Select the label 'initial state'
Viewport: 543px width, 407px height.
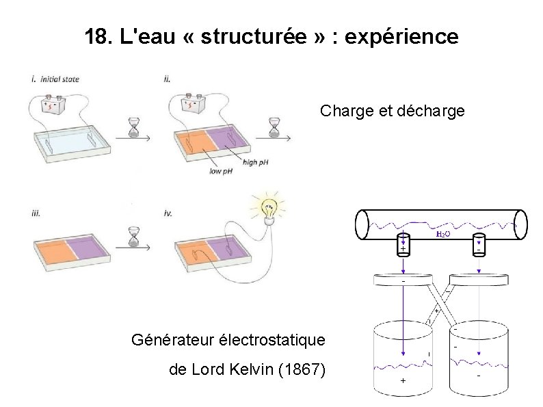pos(61,79)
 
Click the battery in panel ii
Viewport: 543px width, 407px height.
pos(194,105)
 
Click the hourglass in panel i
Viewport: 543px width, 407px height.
pos(135,127)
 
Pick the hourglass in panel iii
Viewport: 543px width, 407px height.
pos(135,237)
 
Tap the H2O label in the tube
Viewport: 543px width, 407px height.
pos(442,234)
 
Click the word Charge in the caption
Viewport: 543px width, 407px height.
pos(346,110)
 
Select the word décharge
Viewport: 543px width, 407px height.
pos(430,110)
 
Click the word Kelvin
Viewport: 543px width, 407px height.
pos(251,371)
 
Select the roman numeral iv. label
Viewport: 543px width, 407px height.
pos(168,213)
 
